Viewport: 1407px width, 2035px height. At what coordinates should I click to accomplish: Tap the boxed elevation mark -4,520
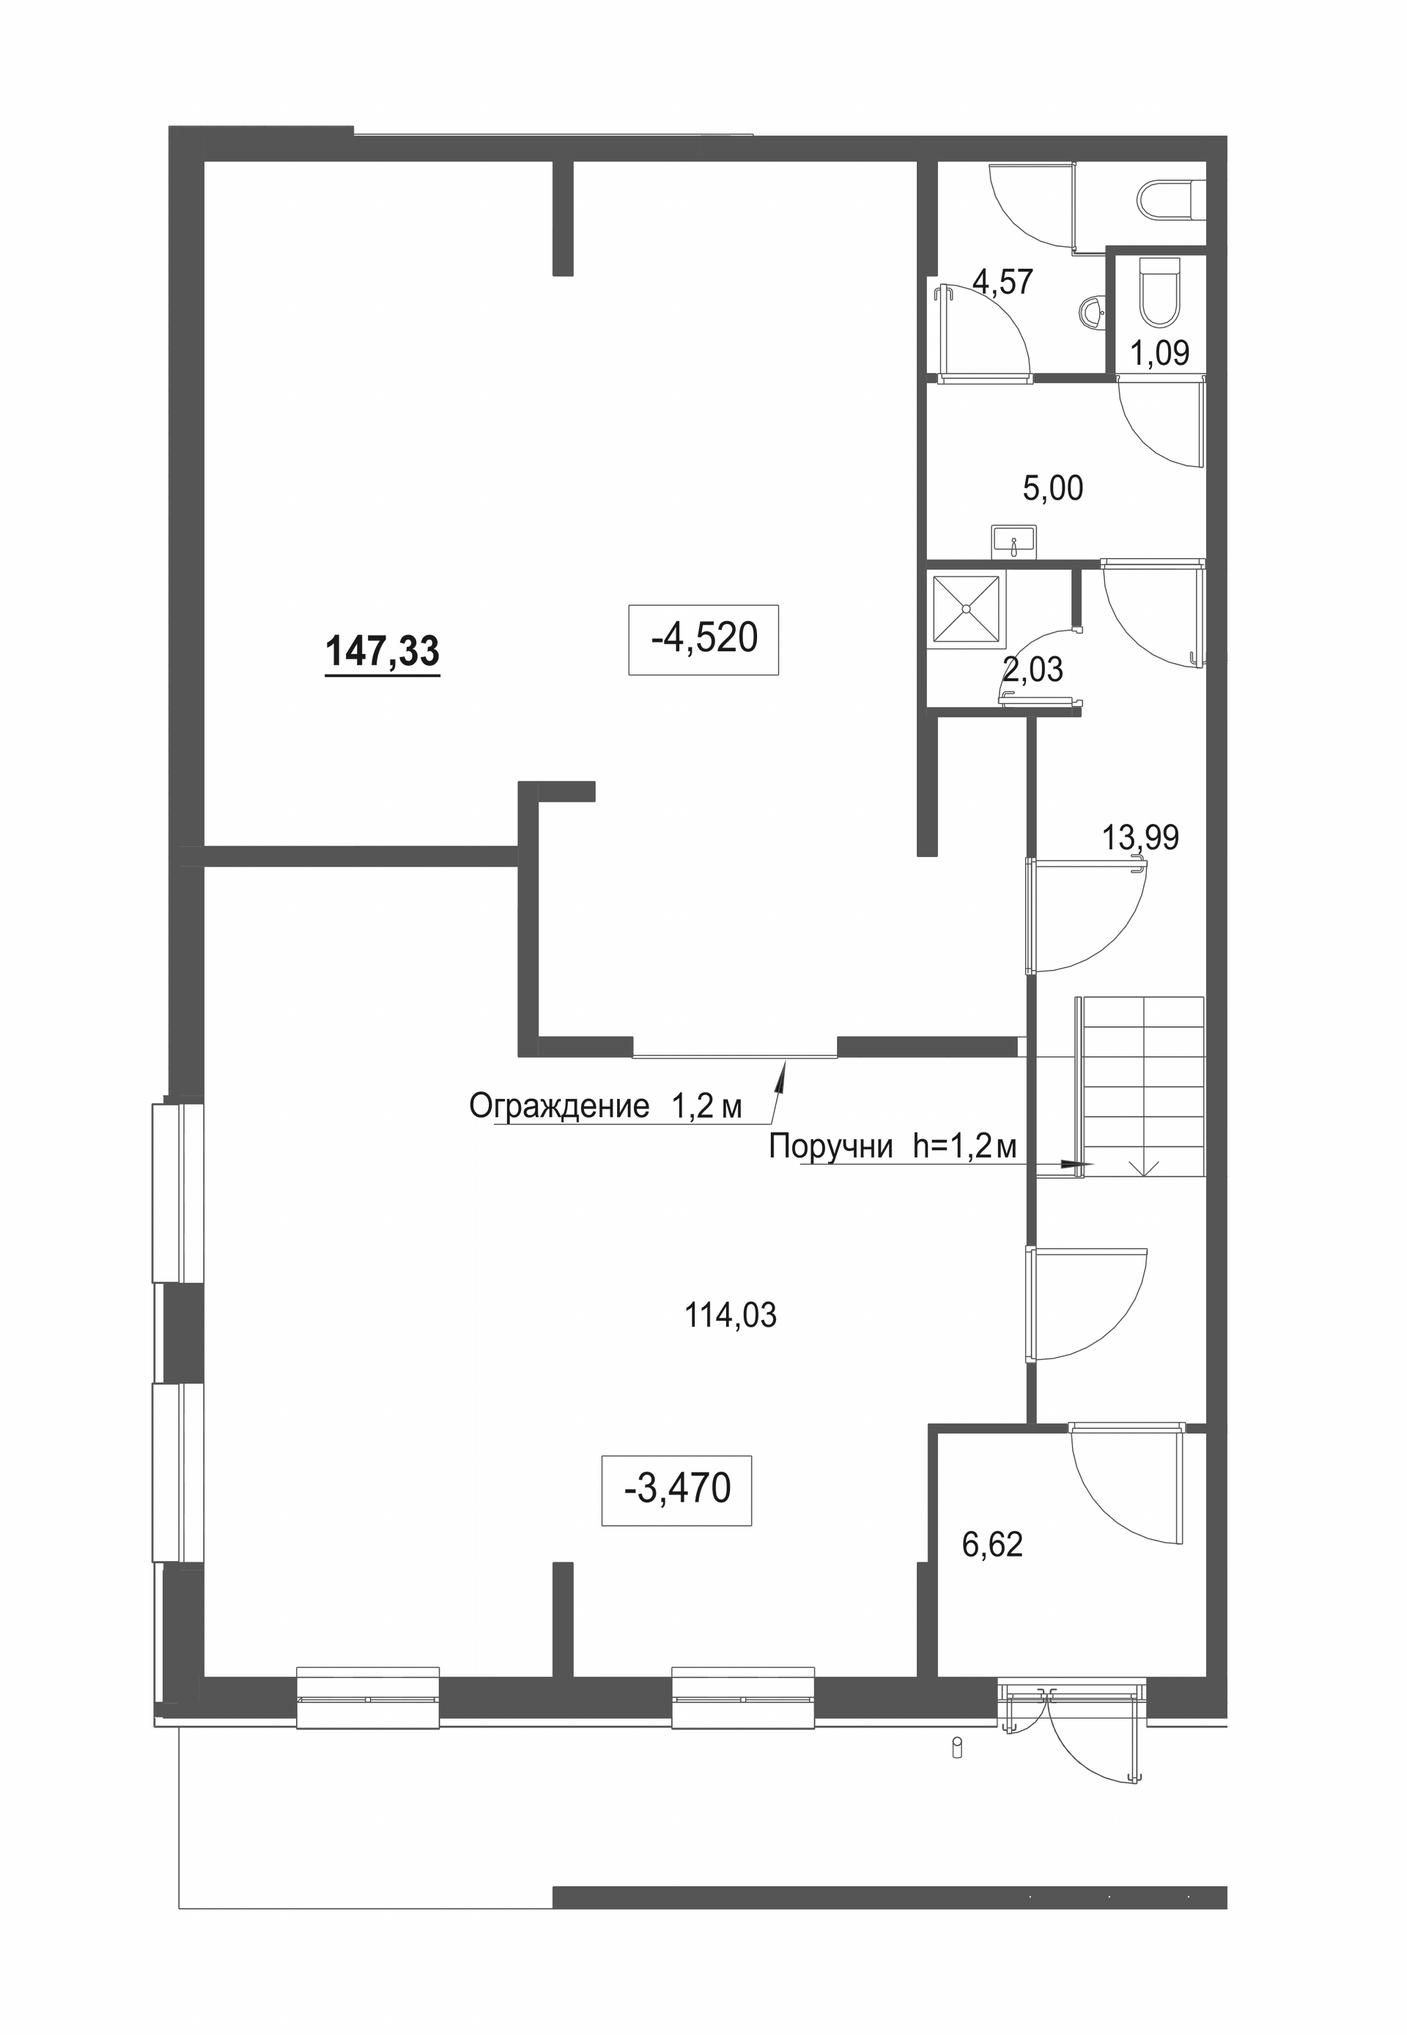coord(703,639)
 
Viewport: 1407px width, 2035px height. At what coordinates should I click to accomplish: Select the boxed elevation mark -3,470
coord(677,1489)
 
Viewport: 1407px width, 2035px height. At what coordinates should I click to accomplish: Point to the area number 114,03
coord(731,1316)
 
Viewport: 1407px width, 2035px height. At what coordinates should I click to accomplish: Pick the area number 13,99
coord(1140,837)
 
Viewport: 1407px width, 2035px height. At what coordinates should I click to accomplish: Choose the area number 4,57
coord(1002,282)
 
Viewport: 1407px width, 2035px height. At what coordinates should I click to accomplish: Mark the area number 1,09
coord(1159,353)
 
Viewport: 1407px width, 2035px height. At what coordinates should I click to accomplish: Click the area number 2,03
coord(1033,670)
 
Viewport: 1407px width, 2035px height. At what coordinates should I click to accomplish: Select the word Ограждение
coord(560,1105)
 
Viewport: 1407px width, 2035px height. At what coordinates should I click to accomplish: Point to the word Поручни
coord(831,1146)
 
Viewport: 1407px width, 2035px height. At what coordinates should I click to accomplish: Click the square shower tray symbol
coord(966,609)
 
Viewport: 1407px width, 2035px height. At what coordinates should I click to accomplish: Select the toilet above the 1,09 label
coord(1159,292)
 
